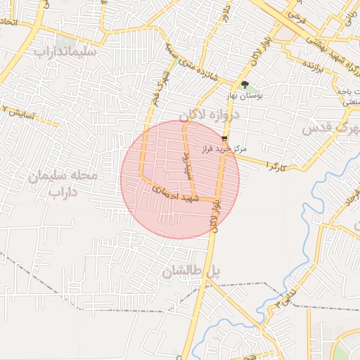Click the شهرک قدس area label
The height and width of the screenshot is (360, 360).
(330, 129)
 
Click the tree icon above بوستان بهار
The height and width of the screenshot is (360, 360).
(244, 84)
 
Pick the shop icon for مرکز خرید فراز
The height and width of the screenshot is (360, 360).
(224, 139)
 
